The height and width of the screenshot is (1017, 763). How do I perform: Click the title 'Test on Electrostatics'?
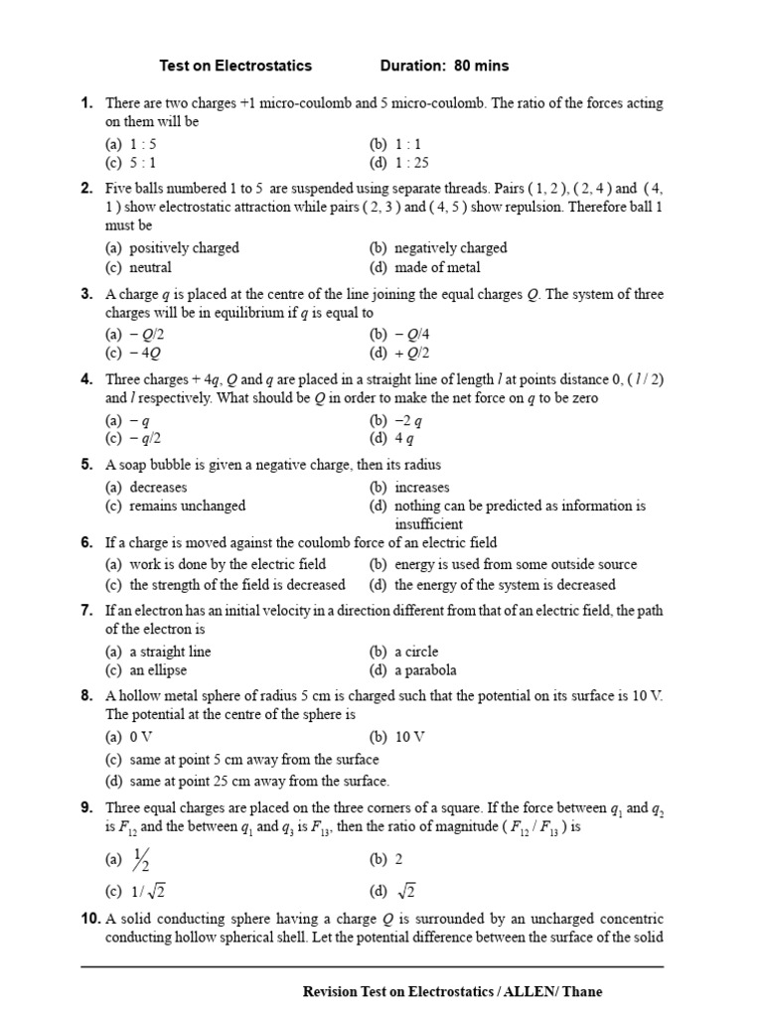(x=235, y=66)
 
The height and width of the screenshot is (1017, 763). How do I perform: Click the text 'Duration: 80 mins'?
(x=444, y=66)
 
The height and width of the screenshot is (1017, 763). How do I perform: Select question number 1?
(x=87, y=103)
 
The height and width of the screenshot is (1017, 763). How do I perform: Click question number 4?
(x=87, y=379)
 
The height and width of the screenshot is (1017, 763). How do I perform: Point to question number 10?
(x=90, y=920)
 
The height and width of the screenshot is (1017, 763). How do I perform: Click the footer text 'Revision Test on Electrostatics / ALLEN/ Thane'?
(x=452, y=991)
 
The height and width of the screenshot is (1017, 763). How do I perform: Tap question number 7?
(x=87, y=611)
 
